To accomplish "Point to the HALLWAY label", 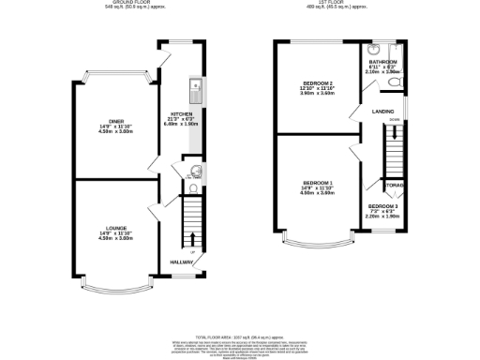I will pos(182,262).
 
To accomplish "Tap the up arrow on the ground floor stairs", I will pos(194,238).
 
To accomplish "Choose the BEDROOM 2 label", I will pos(311,85).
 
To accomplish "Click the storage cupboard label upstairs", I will pos(392,186).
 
